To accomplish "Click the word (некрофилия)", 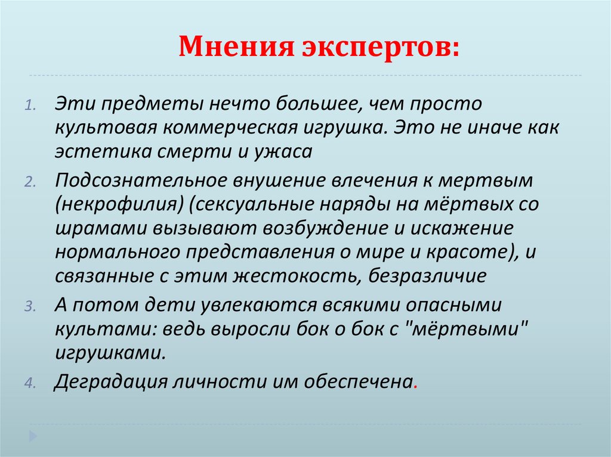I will (119, 204).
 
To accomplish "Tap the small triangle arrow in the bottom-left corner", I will (34, 434).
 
